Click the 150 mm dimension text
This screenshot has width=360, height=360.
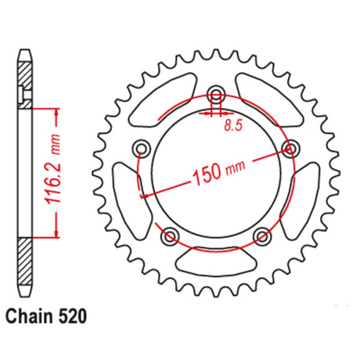[218, 173]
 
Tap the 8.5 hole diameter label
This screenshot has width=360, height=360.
[233, 125]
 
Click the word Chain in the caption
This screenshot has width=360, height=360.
[29, 316]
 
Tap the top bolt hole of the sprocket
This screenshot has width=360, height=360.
[216, 94]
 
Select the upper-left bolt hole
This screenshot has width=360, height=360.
[142, 149]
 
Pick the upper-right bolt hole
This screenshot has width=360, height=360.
[290, 149]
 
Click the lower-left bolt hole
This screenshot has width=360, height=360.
[171, 236]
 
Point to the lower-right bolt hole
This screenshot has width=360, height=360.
[262, 236]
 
